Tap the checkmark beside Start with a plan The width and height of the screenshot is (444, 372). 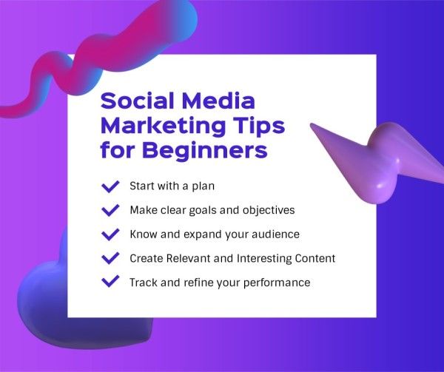pos(110,186)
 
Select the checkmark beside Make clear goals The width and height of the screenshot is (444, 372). pos(110,210)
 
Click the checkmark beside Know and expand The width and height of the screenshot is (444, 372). pos(110,234)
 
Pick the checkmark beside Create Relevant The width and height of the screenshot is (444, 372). pos(110,258)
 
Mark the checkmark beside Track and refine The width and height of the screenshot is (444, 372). pos(110,282)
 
